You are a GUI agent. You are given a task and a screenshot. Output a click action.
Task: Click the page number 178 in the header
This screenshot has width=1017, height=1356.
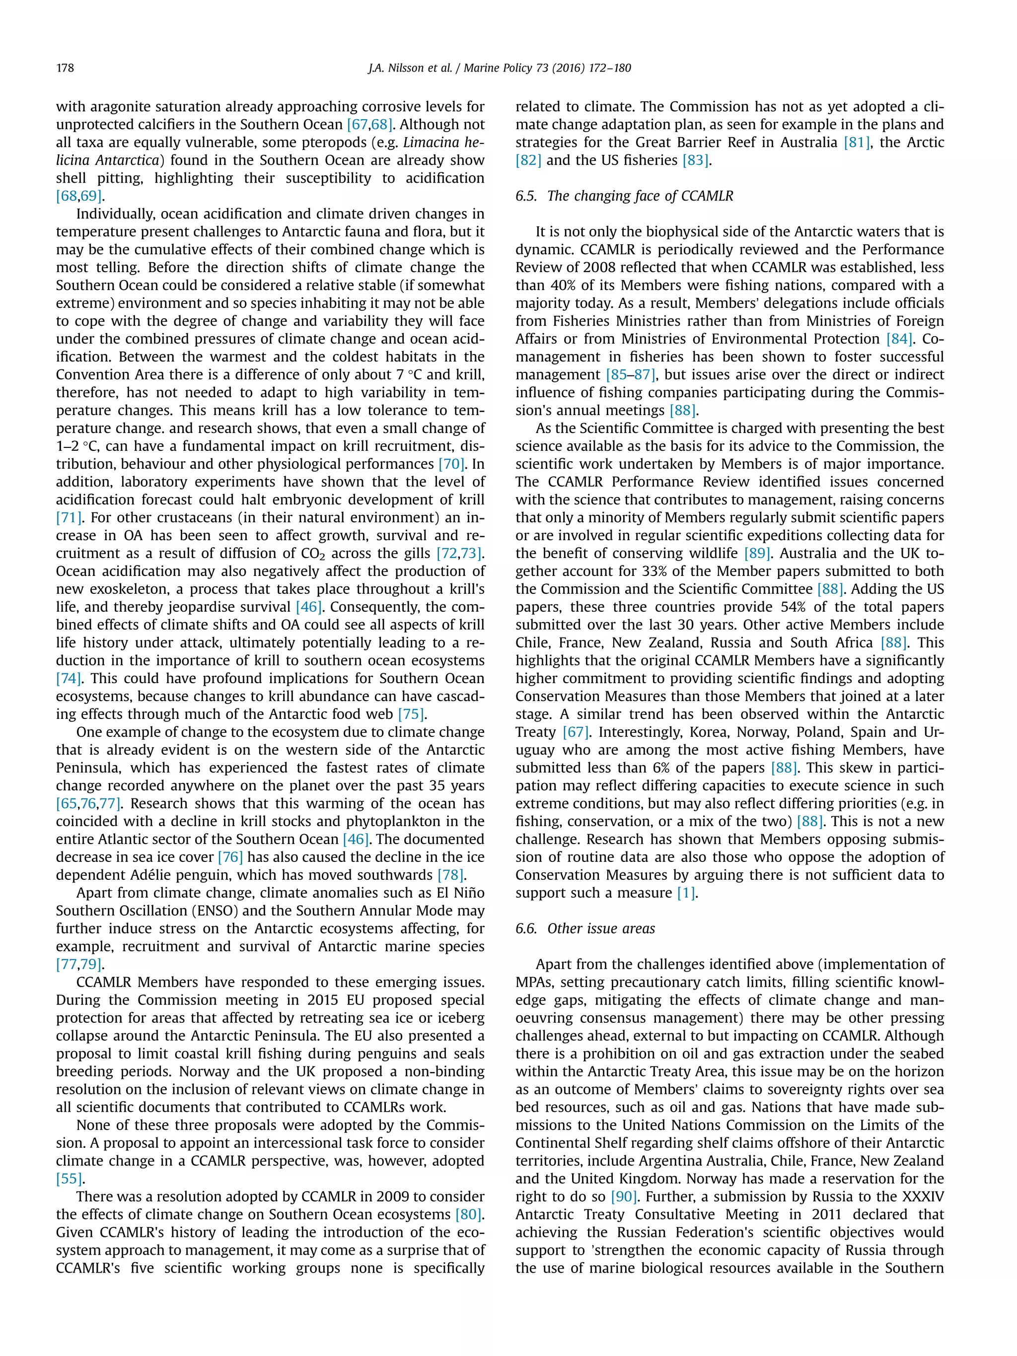pos(65,68)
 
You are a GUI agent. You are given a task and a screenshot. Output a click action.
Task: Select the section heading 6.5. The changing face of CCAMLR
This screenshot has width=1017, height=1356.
pos(624,196)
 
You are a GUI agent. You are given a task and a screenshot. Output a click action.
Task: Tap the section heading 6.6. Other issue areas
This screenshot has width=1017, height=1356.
pos(585,928)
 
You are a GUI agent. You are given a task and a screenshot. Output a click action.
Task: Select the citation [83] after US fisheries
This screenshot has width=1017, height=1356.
pos(695,160)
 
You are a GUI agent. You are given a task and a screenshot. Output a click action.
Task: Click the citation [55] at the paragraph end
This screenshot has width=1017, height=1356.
pos(69,1178)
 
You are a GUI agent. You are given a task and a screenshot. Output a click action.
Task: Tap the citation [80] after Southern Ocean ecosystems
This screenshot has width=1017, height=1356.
pos(469,1214)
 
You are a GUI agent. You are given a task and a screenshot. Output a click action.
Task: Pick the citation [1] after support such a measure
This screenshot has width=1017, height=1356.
pos(686,893)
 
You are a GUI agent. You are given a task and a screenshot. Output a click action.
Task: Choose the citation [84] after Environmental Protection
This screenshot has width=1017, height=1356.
pos(899,339)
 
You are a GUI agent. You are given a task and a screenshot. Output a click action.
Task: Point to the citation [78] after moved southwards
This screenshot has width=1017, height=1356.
pos(450,875)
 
